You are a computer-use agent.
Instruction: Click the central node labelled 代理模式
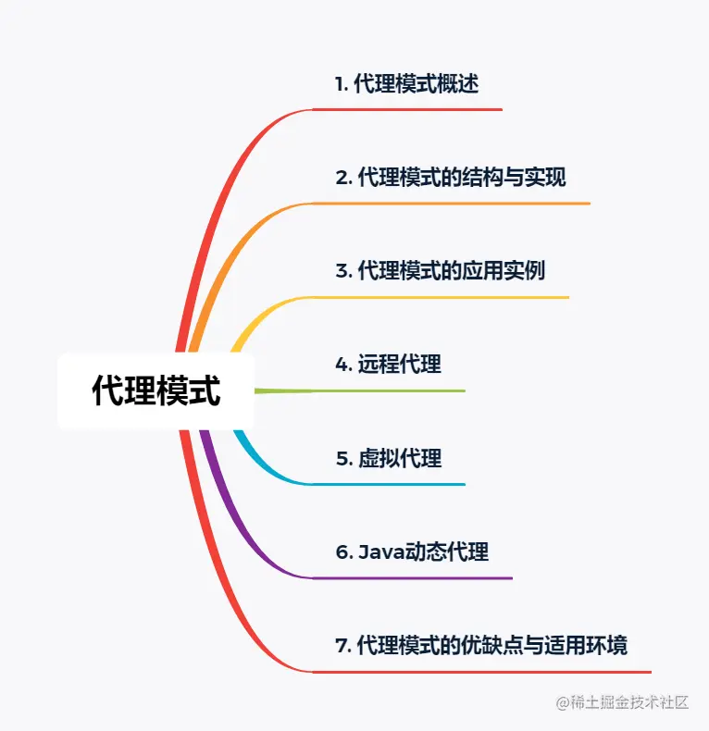click(155, 391)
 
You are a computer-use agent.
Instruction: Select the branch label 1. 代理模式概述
click(406, 83)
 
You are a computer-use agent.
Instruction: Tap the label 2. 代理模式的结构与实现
click(450, 177)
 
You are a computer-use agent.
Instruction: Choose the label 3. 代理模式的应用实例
click(440, 270)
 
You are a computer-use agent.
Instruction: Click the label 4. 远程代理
click(388, 364)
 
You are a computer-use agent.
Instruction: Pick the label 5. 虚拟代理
click(388, 457)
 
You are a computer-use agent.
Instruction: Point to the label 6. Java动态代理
click(412, 552)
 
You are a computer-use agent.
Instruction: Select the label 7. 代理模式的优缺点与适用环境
click(481, 645)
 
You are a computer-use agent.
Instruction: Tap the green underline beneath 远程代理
click(389, 390)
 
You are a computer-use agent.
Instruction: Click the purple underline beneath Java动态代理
click(417, 578)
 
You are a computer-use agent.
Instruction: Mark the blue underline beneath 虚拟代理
click(389, 484)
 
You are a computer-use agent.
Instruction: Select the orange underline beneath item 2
click(454, 203)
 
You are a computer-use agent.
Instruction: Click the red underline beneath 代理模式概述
click(407, 109)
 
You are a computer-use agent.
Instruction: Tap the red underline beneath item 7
click(481, 672)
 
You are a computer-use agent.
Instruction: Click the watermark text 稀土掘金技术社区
click(629, 702)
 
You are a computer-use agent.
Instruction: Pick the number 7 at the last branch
click(340, 645)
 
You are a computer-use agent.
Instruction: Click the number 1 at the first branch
click(339, 83)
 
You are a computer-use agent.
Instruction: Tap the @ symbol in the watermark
click(562, 702)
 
